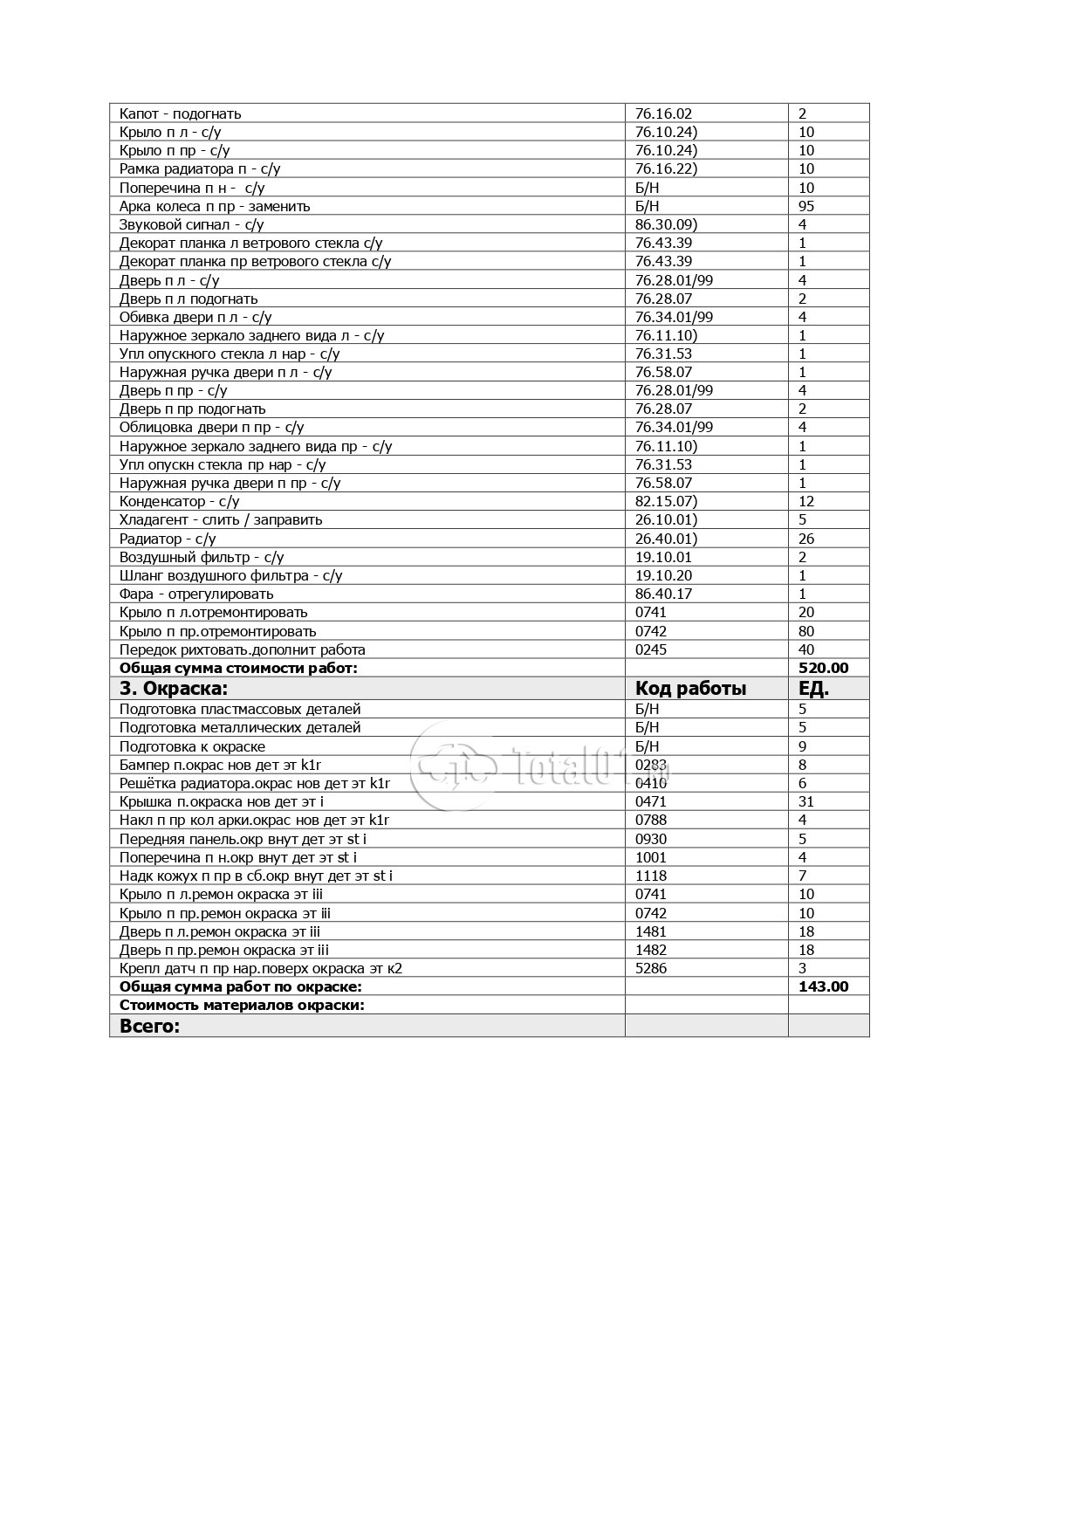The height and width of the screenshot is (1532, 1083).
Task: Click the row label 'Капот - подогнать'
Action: (180, 113)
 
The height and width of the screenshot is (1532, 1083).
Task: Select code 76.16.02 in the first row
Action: (663, 113)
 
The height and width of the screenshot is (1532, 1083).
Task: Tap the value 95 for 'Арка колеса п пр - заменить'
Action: (806, 206)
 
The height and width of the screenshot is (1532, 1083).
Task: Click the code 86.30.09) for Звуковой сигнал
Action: (666, 224)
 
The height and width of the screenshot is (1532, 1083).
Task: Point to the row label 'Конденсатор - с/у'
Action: (179, 501)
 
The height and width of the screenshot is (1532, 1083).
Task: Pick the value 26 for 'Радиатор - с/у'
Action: (806, 539)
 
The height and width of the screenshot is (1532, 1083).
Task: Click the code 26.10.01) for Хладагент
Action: (666, 519)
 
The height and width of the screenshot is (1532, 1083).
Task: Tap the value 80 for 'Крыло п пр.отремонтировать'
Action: (806, 631)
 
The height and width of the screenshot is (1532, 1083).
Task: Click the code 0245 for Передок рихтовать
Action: (651, 649)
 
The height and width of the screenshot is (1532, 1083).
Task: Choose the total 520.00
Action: (823, 668)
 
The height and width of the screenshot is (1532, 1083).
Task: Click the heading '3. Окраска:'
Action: (174, 688)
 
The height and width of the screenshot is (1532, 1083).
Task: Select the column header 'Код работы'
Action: (690, 688)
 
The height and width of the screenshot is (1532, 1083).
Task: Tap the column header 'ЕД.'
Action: (813, 688)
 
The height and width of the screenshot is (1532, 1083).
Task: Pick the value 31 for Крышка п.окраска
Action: (806, 801)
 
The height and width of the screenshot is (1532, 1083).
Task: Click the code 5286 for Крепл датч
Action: (651, 968)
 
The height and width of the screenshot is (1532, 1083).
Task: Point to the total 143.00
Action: (823, 986)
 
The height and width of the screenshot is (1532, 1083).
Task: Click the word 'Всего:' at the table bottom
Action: (149, 1026)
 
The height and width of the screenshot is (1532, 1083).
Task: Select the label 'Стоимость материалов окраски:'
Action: (242, 1005)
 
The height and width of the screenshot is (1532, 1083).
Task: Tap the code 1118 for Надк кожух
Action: (651, 876)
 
